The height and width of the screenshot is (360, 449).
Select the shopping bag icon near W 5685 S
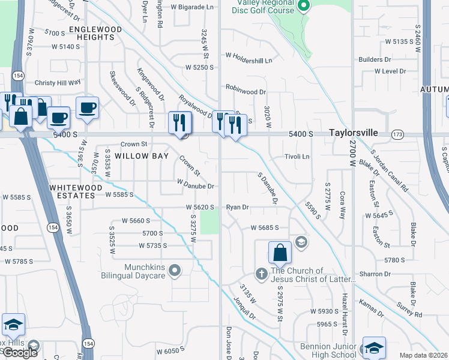(280, 252)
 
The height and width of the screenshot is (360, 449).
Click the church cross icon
(261, 274)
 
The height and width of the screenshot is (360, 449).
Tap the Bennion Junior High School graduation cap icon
(374, 347)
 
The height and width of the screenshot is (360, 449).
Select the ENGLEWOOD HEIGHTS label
(91, 33)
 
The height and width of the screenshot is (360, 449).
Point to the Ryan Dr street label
(237, 207)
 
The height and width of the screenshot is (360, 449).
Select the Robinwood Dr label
(246, 92)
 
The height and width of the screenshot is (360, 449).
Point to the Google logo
(19, 353)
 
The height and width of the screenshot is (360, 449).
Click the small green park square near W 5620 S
(209, 223)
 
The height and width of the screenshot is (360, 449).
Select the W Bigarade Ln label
(192, 8)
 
